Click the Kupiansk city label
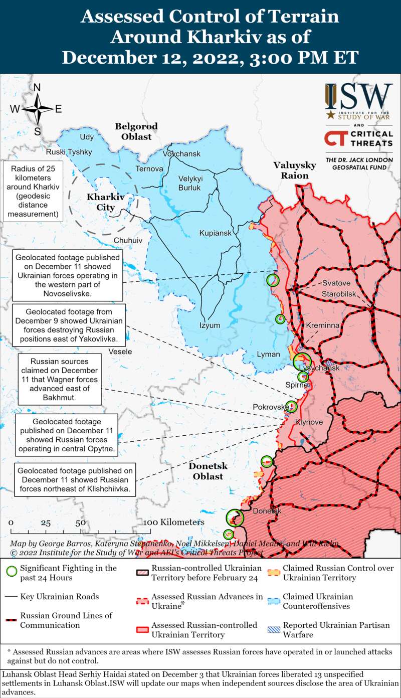(x=215, y=233)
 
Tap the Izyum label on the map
(x=210, y=325)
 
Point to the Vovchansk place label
(x=181, y=153)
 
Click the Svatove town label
(x=336, y=283)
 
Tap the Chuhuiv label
(x=128, y=241)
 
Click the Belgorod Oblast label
(x=136, y=131)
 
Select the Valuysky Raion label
(x=294, y=170)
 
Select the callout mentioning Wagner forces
(x=59, y=380)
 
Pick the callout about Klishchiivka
(x=75, y=480)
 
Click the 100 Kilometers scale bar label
(x=174, y=522)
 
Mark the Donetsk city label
(x=267, y=511)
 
